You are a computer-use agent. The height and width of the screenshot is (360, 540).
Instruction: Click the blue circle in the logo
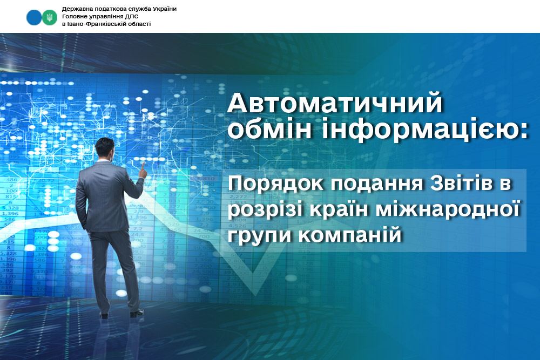33,17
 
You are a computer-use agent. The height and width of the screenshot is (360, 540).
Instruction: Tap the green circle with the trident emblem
50,17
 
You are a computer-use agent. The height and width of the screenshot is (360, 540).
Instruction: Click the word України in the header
164,9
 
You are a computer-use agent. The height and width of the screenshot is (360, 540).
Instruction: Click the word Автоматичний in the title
335,103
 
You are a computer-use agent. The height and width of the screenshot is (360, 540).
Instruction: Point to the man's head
105,148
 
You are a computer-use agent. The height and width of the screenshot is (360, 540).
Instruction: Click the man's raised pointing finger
143,166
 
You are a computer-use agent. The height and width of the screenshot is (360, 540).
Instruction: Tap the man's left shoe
104,315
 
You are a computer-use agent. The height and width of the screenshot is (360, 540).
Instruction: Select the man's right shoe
137,314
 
